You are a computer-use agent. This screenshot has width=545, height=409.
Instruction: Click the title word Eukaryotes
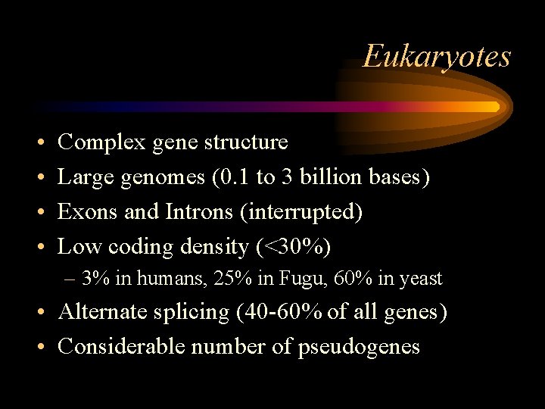point(437,56)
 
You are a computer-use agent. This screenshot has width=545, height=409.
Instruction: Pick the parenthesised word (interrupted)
point(301,212)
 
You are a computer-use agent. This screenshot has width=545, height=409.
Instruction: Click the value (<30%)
point(294,247)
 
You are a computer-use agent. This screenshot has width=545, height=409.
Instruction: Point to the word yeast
point(420,279)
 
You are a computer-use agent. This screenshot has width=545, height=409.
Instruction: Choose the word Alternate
point(103,312)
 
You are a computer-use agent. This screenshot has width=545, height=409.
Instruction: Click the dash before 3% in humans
point(70,279)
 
